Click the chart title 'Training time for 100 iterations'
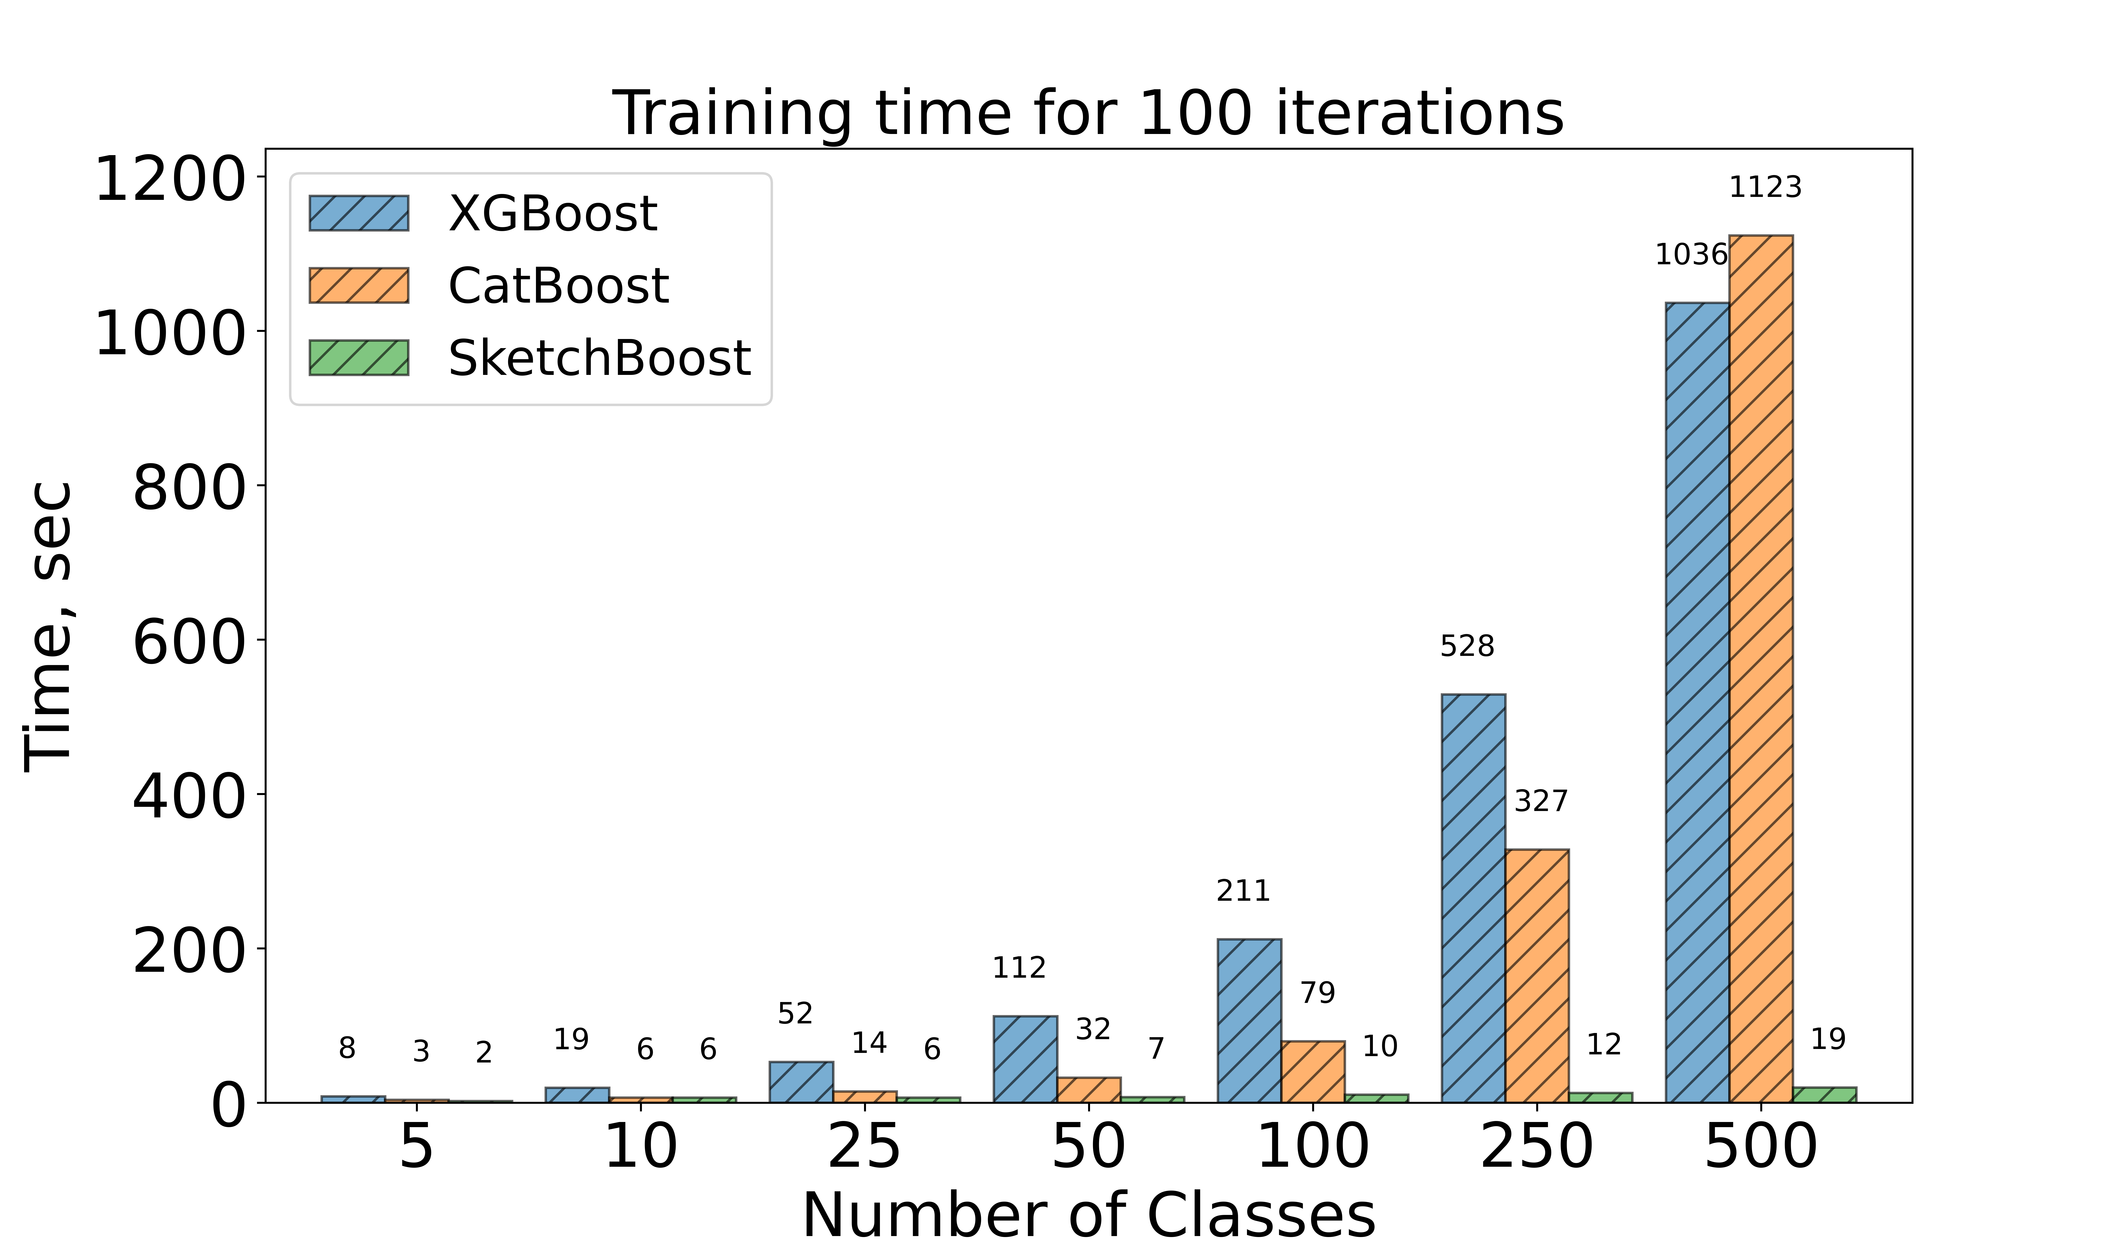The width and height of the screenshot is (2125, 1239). click(1088, 114)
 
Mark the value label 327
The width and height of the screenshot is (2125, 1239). click(1541, 801)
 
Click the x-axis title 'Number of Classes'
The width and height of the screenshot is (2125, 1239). click(1088, 1214)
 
